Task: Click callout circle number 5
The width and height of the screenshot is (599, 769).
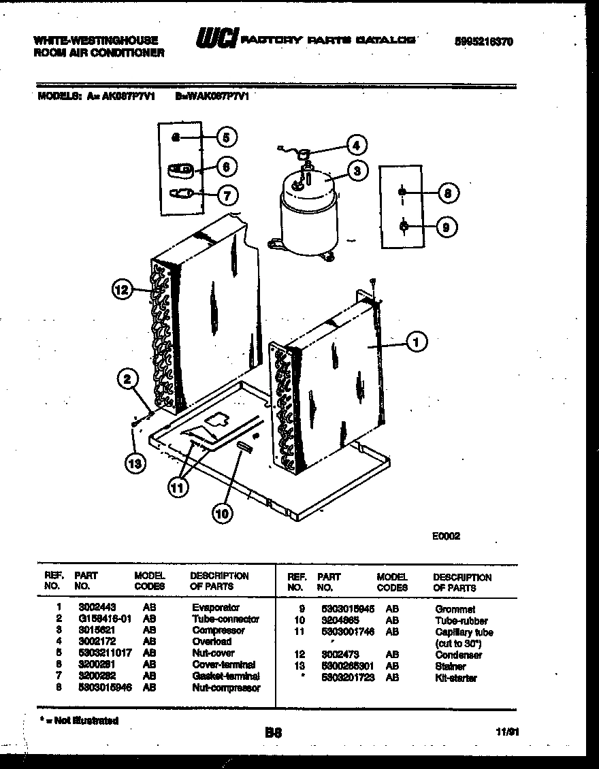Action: point(227,137)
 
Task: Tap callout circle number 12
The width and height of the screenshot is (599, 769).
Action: point(120,291)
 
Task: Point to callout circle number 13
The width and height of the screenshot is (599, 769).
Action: point(135,463)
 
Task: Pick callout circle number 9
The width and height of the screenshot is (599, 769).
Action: point(445,227)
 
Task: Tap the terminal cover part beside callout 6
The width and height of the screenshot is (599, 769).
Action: point(181,169)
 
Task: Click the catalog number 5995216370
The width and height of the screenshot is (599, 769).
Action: point(483,42)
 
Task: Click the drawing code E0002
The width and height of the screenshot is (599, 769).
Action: point(446,536)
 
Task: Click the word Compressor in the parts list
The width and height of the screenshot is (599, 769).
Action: point(218,630)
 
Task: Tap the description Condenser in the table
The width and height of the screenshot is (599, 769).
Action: point(458,655)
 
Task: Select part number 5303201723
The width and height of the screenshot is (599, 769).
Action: point(348,678)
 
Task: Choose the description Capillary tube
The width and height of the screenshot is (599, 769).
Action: point(463,632)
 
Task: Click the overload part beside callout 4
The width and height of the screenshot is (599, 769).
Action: point(304,154)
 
